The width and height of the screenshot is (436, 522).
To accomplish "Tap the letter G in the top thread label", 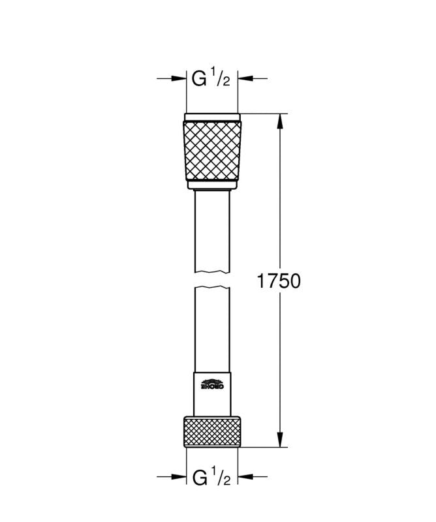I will pyautogui.click(x=198, y=79).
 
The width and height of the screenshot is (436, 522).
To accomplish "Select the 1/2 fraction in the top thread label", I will pyautogui.click(x=221, y=79).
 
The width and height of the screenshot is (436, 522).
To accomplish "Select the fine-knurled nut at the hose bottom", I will pyautogui.click(x=212, y=431).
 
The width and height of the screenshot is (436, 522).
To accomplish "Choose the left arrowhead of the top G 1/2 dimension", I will pyautogui.click(x=180, y=78).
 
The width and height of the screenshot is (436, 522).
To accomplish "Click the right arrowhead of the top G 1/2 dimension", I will pyautogui.click(x=244, y=78).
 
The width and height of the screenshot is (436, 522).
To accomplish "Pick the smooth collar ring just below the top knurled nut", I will pyautogui.click(x=212, y=187).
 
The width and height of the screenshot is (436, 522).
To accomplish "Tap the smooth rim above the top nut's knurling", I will pyautogui.click(x=212, y=117).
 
